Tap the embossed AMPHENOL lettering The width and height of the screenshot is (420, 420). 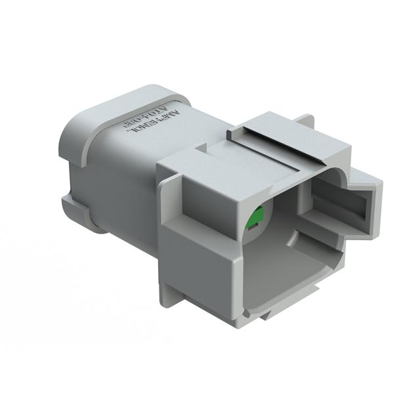pyautogui.click(x=146, y=128)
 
